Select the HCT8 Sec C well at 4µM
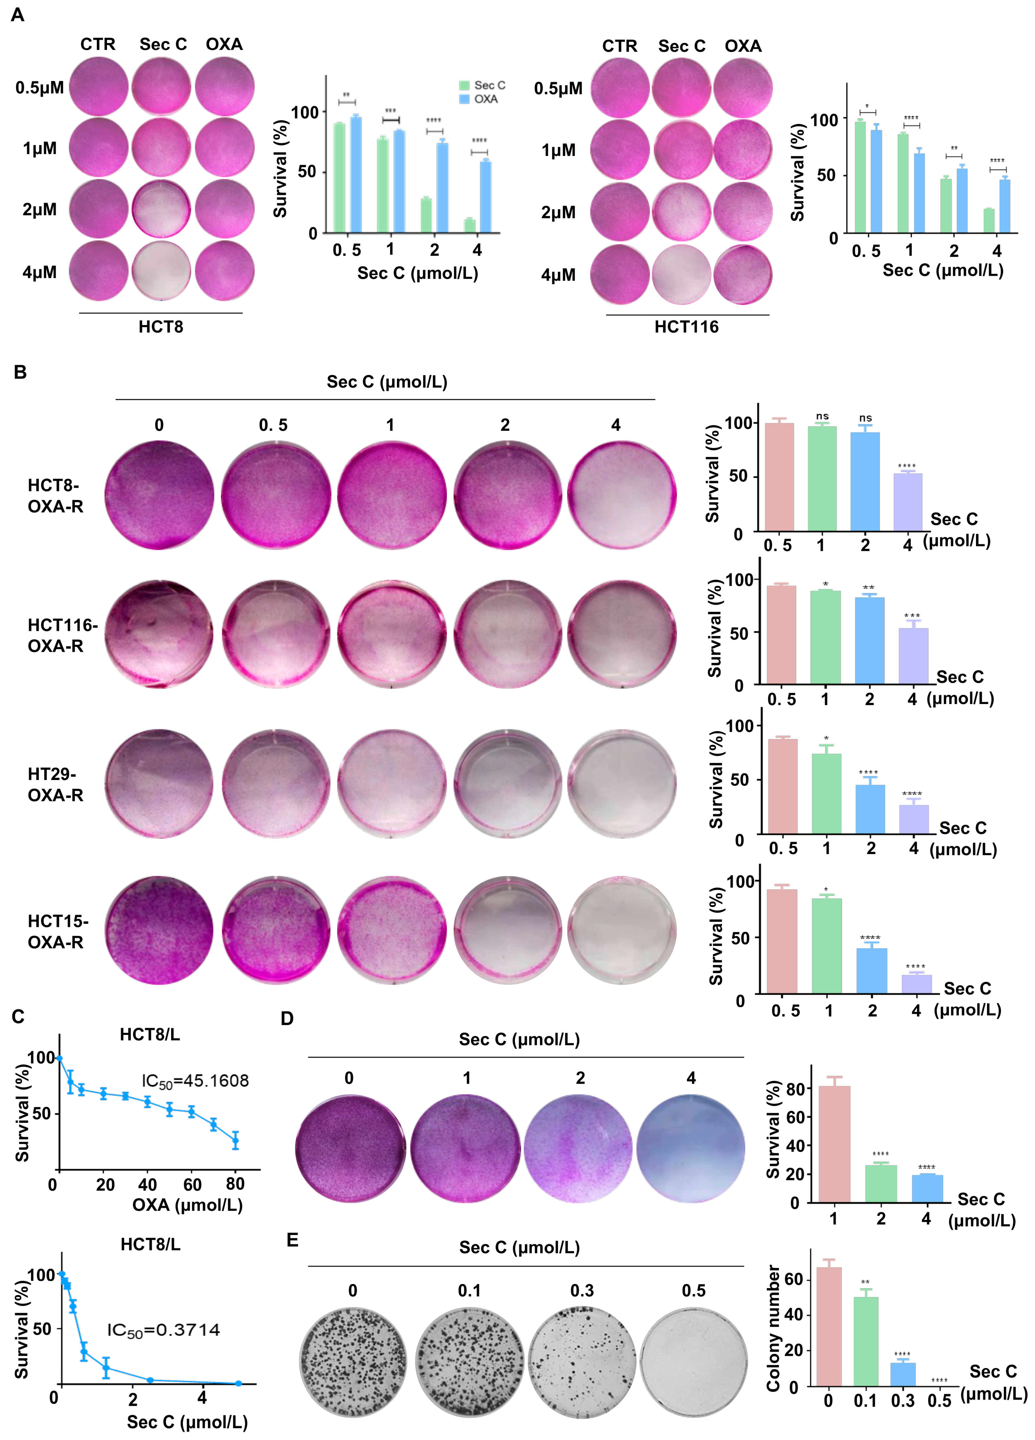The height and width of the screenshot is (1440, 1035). click(x=161, y=270)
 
